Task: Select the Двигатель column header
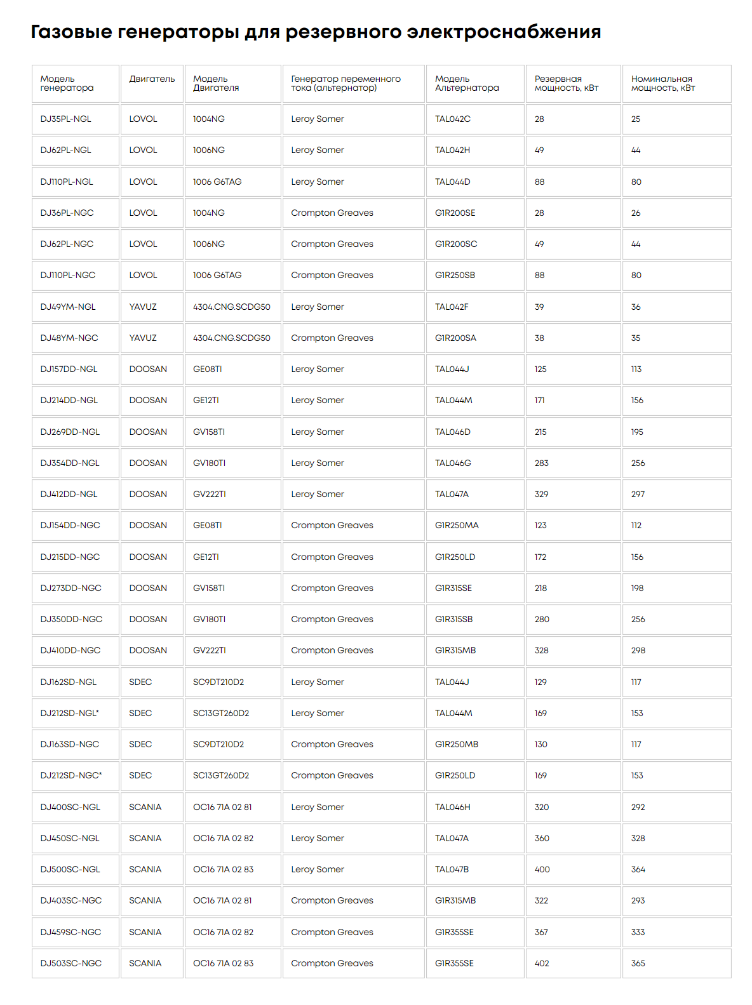pos(152,79)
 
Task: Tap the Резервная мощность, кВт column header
pos(566,83)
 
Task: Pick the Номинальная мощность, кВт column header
pos(662,83)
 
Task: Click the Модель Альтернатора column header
pos(467,83)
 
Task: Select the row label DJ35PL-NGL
pos(66,119)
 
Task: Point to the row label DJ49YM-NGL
pos(68,307)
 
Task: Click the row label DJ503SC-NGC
pos(71,963)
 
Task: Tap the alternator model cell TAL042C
pos(453,119)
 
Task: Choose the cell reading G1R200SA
pos(455,338)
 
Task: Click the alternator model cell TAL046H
pos(453,807)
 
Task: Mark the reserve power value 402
pos(542,963)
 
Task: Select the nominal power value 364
pos(638,870)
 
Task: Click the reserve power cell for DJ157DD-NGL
pos(540,369)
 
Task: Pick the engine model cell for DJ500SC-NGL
pos(223,870)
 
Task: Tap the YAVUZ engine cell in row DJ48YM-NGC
pos(143,338)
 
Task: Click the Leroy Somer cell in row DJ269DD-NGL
pos(318,432)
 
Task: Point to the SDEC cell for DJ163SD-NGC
pos(140,745)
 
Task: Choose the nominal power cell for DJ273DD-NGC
pos(637,589)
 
